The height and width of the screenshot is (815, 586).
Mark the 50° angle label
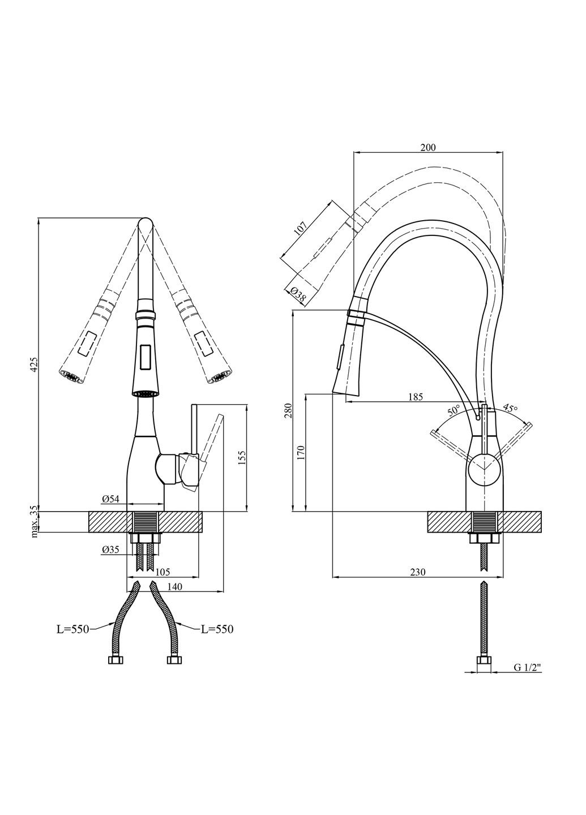tap(454, 410)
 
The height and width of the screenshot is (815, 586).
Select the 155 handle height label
tap(242, 458)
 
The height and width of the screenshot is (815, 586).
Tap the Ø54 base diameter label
tap(110, 499)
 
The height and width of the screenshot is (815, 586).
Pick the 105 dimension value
tap(162, 572)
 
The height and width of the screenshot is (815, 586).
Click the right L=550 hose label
tap(216, 629)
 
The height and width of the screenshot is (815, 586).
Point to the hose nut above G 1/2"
tap(484, 660)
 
